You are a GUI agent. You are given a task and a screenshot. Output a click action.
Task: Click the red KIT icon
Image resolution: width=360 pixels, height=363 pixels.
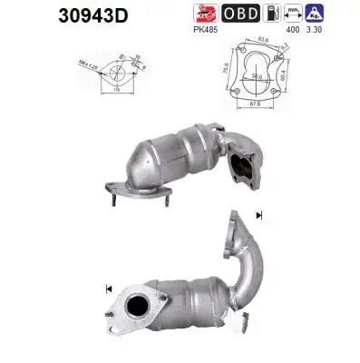[x=207, y=13]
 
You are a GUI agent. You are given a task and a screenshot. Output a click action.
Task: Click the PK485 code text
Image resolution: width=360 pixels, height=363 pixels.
[x=207, y=29]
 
